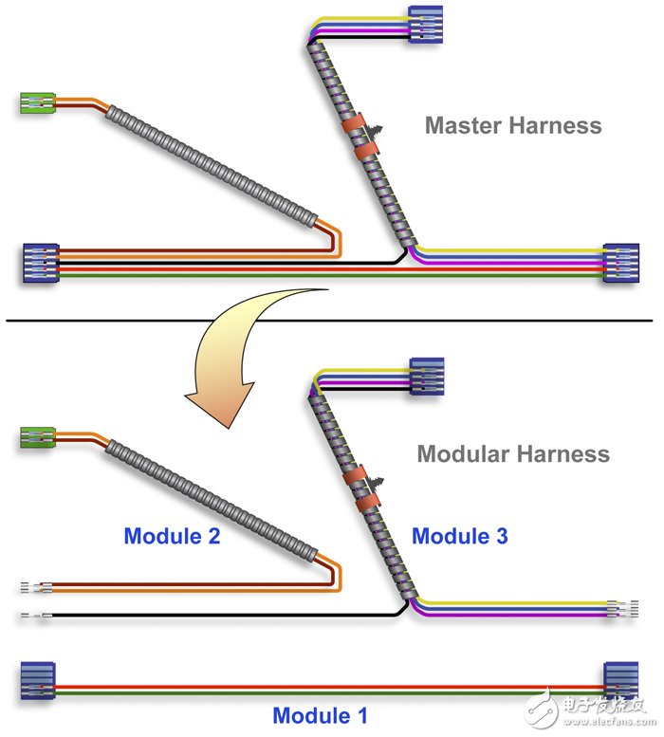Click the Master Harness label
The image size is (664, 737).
pyautogui.click(x=513, y=125)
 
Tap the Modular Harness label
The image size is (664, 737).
pyautogui.click(x=513, y=454)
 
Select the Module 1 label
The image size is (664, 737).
pyautogui.click(x=320, y=715)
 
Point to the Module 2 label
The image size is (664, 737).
pyautogui.click(x=172, y=536)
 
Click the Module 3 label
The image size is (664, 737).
pyautogui.click(x=460, y=536)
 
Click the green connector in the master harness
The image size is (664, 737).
pyautogui.click(x=38, y=103)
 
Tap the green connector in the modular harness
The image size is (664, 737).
pyautogui.click(x=38, y=437)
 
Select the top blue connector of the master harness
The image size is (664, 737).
pyautogui.click(x=425, y=25)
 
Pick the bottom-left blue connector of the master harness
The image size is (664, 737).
pyautogui.click(x=42, y=263)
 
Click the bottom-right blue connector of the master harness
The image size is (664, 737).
pyautogui.click(x=621, y=263)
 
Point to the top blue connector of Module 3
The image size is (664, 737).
pyautogui.click(x=427, y=376)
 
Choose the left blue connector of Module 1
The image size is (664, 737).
pyautogui.click(x=38, y=681)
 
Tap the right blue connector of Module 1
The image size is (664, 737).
pyautogui.click(x=620, y=681)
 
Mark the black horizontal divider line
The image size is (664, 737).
pyautogui.click(x=329, y=321)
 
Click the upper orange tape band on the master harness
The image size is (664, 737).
pyautogui.click(x=354, y=122)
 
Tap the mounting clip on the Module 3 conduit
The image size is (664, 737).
pyautogui.click(x=376, y=483)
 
